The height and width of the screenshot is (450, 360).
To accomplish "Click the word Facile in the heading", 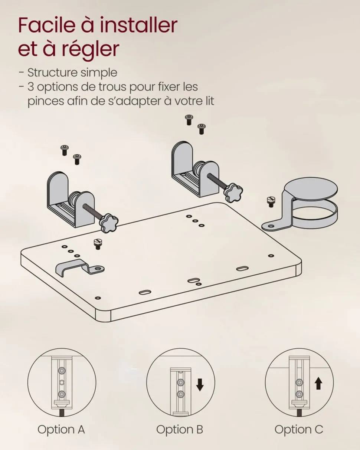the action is point(47,25).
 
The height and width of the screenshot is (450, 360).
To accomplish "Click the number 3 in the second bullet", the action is point(30,87).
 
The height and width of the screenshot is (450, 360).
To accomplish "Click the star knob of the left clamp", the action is point(109,222).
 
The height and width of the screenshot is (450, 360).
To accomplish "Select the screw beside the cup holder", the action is point(271,202).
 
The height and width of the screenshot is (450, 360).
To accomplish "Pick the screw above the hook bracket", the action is point(98,244).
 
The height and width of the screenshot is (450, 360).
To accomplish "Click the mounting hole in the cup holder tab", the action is point(271,226).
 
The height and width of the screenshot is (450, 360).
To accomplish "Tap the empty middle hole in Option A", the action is point(62,382).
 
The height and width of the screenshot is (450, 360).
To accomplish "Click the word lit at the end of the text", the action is point(208,101).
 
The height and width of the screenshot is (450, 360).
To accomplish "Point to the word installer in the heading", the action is point(138,25).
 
